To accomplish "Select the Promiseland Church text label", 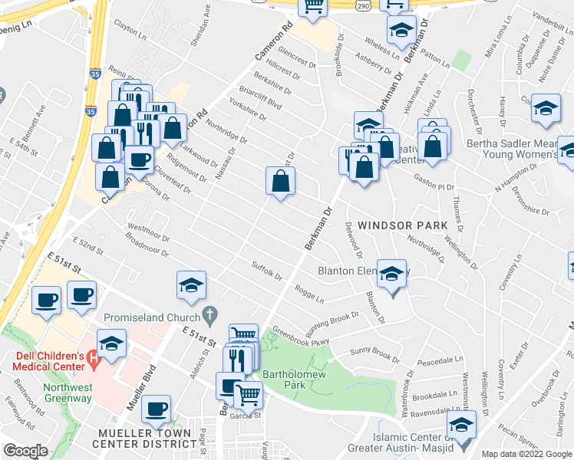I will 158,315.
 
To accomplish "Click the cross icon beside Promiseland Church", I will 209,315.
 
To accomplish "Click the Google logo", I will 25,451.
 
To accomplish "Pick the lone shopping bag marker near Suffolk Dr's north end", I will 281,182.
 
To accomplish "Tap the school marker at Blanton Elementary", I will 391,274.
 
